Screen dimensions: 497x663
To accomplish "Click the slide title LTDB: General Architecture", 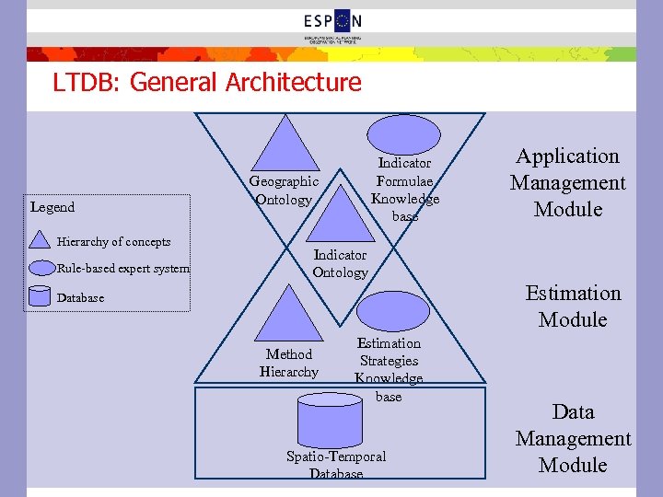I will click(206, 83).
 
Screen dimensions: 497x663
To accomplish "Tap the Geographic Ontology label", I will click(284, 191).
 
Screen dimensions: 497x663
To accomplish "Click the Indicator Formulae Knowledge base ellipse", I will click(405, 147).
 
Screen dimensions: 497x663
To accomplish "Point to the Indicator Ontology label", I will click(340, 263).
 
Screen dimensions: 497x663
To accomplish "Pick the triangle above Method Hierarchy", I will click(288, 316).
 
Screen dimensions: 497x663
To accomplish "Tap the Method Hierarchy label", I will click(289, 363).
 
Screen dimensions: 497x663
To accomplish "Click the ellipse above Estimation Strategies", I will click(392, 311).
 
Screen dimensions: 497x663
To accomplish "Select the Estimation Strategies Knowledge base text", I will click(390, 369).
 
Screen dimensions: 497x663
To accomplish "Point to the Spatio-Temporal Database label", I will click(336, 465).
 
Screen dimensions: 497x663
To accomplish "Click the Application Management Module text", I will click(568, 182).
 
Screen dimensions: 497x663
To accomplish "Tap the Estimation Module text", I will click(573, 306).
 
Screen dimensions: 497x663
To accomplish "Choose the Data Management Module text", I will click(573, 438).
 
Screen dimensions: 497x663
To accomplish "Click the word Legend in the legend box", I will click(52, 207).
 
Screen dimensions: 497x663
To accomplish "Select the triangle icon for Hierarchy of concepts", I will click(41, 239).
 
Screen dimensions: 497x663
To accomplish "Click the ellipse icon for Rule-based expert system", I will click(41, 269).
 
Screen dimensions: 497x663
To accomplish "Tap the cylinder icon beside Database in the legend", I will click(41, 296).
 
